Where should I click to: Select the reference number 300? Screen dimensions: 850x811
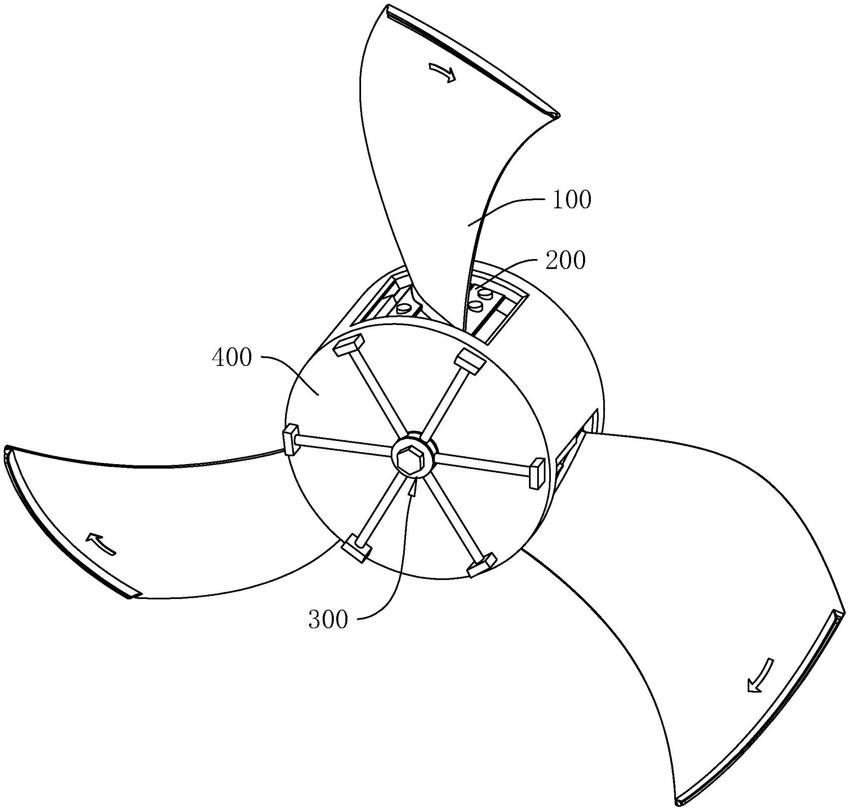[328, 620]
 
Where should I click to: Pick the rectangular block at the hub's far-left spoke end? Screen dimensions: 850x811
[290, 441]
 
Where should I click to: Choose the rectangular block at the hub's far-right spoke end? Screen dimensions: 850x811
[536, 474]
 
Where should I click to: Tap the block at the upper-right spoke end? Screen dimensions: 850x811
[471, 361]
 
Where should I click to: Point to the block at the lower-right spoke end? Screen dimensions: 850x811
[482, 565]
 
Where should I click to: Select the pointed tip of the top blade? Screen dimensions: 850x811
[557, 116]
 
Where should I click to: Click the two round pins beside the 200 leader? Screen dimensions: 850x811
[481, 300]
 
